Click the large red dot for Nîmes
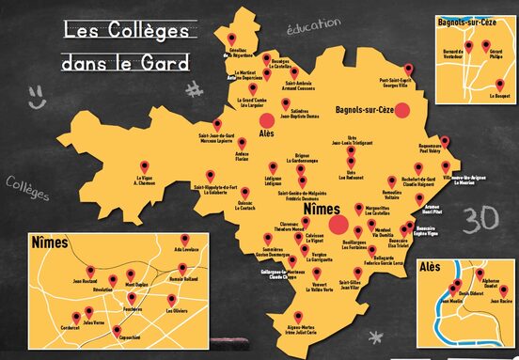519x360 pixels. pos(340,226)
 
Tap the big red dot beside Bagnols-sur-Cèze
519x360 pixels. pos(403,110)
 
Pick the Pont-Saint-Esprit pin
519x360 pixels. pos(409,69)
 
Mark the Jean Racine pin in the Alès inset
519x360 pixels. pos(493,291)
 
